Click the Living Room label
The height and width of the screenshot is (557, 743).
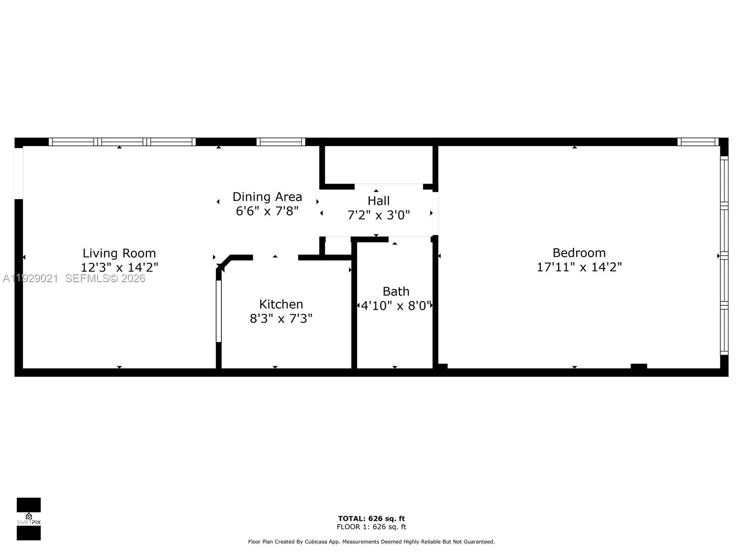pyautogui.click(x=119, y=253)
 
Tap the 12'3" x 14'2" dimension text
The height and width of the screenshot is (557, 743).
pyautogui.click(x=119, y=267)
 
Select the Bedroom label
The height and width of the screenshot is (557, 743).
pyautogui.click(x=579, y=253)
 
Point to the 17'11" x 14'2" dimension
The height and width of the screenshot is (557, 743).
pyautogui.click(x=579, y=267)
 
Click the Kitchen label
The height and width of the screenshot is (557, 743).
pyautogui.click(x=281, y=304)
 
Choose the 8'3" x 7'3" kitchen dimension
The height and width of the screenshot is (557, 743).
pyautogui.click(x=281, y=318)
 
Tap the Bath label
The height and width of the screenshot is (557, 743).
pyautogui.click(x=396, y=291)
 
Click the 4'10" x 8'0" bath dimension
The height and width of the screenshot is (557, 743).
pyautogui.click(x=396, y=305)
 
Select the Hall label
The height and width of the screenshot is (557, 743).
pyautogui.click(x=378, y=201)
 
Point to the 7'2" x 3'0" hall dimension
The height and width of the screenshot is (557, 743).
pyautogui.click(x=378, y=215)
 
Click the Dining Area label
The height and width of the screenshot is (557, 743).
pyautogui.click(x=267, y=196)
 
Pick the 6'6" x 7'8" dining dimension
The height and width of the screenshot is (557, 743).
pyautogui.click(x=267, y=211)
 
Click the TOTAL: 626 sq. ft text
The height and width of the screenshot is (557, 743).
pyautogui.click(x=371, y=518)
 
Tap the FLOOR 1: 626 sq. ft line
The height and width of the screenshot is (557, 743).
pyautogui.click(x=371, y=527)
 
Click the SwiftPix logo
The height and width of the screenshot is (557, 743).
pyautogui.click(x=29, y=519)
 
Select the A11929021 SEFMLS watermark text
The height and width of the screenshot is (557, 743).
pyautogui.click(x=74, y=278)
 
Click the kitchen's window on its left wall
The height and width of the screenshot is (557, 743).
pyautogui.click(x=219, y=311)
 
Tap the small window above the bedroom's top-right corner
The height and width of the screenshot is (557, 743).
pyautogui.click(x=698, y=142)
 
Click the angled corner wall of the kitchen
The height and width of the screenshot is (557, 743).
pyautogui.click(x=224, y=262)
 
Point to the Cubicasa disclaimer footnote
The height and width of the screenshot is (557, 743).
pyautogui.click(x=371, y=542)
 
